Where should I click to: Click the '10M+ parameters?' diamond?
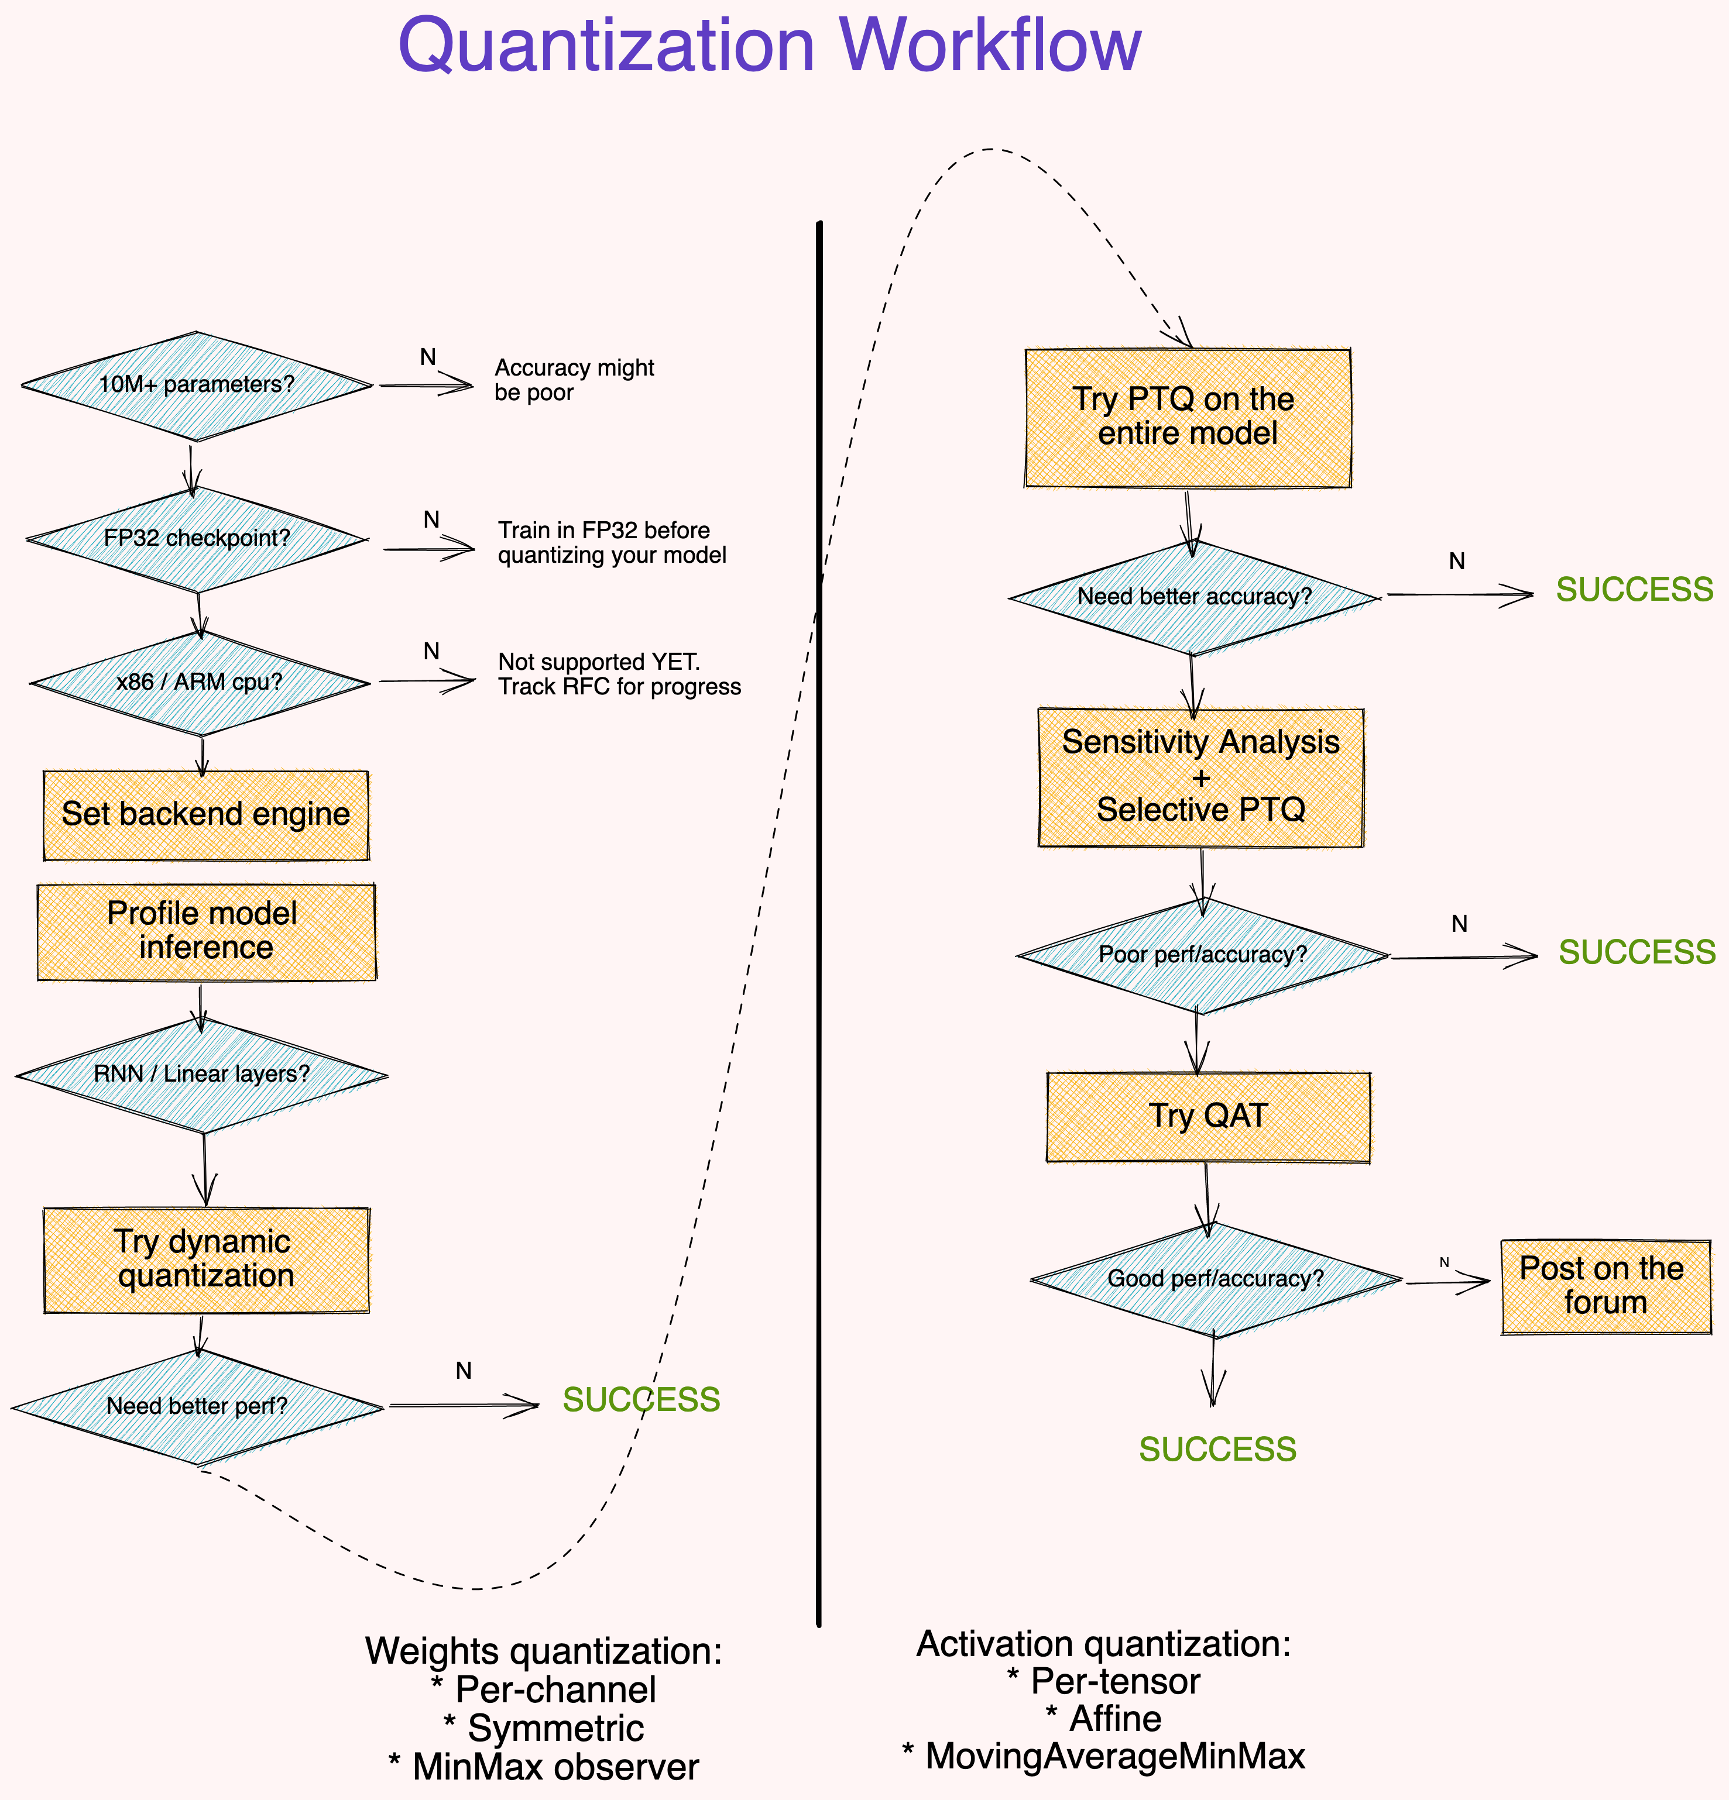pos(197,385)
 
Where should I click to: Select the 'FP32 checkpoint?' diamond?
pos(197,538)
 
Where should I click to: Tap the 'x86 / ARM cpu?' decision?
pos(200,682)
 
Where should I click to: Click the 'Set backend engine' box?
pos(206,814)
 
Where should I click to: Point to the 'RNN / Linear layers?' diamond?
pos(201,1075)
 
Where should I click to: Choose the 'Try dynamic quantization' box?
pos(206,1259)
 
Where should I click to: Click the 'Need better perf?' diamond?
pos(197,1406)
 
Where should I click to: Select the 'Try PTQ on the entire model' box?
pos(1187,417)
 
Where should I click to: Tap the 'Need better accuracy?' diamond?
pos(1193,597)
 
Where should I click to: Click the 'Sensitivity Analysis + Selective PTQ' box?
pos(1200,777)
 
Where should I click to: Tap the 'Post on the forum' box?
pos(1604,1286)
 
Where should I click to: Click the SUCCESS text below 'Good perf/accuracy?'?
pos(1217,1449)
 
